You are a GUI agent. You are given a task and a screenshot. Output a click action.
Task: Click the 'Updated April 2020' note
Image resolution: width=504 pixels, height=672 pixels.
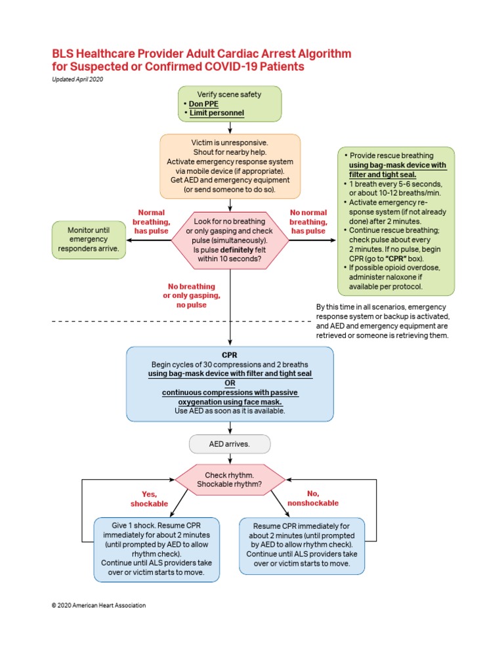(x=77, y=79)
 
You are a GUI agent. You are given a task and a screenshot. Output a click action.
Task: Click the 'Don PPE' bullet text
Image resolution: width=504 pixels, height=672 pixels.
(x=205, y=104)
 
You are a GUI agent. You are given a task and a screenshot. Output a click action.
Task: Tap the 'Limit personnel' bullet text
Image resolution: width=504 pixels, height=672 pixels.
(x=217, y=113)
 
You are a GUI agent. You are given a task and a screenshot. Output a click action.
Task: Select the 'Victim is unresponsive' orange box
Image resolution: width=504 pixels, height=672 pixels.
(x=230, y=166)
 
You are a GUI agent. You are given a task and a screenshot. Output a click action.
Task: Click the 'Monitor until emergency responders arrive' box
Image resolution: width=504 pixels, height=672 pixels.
(x=89, y=240)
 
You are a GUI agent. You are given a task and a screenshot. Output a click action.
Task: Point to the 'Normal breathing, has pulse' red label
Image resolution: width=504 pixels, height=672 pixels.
(x=151, y=222)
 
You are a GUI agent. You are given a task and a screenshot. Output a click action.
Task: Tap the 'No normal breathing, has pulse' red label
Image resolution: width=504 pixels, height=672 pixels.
(x=308, y=222)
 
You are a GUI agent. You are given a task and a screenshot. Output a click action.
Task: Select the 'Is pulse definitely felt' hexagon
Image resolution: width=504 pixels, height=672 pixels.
(x=230, y=241)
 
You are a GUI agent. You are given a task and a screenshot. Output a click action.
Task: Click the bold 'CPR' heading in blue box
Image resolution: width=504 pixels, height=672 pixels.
(x=230, y=355)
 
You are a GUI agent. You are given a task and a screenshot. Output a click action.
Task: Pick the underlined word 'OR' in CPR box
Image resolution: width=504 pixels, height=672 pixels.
(x=230, y=383)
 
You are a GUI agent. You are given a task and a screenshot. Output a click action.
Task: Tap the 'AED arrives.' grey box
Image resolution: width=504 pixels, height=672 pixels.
(x=230, y=444)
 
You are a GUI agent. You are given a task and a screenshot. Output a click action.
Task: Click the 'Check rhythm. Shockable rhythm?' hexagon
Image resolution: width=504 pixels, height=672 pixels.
(x=230, y=480)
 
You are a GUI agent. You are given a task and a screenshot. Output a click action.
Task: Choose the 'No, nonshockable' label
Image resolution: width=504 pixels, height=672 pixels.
(x=312, y=498)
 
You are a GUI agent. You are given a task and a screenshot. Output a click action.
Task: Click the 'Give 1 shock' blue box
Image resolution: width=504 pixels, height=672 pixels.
(x=156, y=549)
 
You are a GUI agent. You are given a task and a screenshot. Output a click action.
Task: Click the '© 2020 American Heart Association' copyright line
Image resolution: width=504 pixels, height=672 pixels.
(x=98, y=606)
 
